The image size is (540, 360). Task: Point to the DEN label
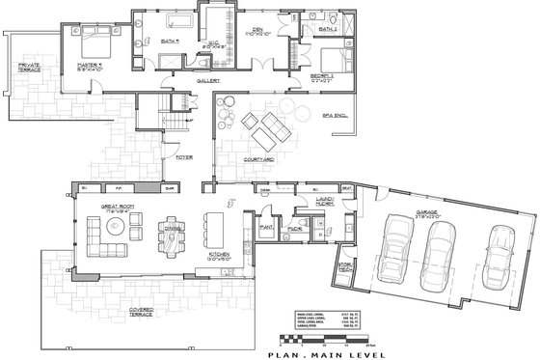click(x=257, y=30)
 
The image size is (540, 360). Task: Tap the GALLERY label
click(x=209, y=81)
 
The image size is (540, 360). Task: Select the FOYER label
click(x=182, y=154)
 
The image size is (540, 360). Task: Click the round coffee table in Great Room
click(x=114, y=230)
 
